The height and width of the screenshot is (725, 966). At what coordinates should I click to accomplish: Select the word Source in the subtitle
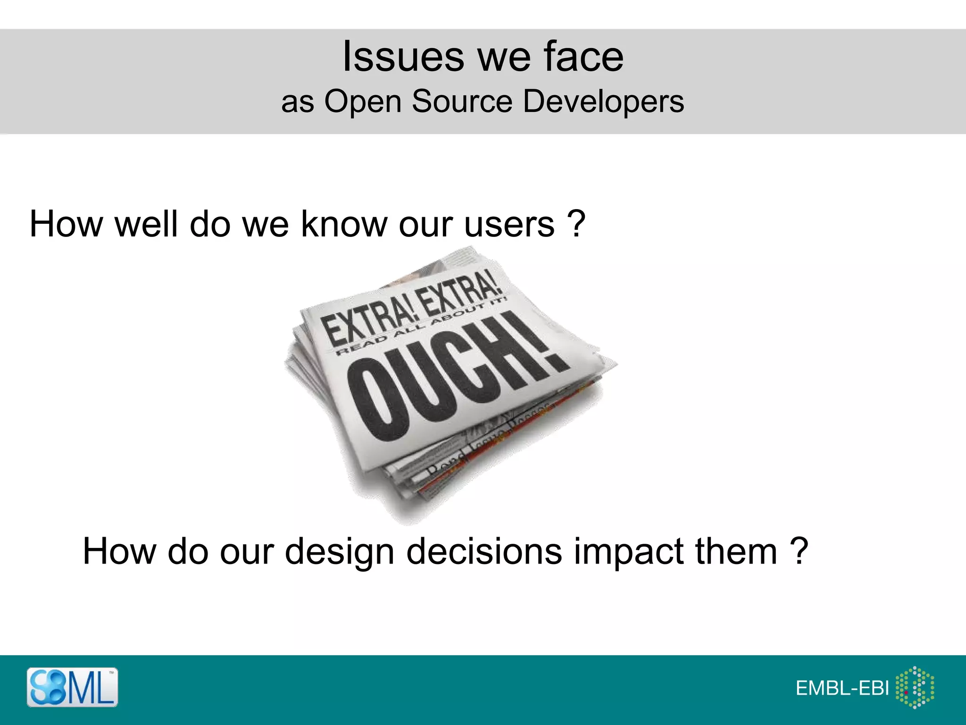pos(462,101)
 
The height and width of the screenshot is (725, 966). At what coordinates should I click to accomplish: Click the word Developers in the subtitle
pos(603,101)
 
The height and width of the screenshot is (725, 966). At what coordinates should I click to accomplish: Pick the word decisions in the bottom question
pos(484,551)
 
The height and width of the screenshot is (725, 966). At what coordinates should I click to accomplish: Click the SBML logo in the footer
pos(72,687)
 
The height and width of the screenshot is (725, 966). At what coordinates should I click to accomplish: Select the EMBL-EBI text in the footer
pos(842,688)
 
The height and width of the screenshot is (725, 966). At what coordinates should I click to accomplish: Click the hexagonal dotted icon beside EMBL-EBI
pos(915,687)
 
